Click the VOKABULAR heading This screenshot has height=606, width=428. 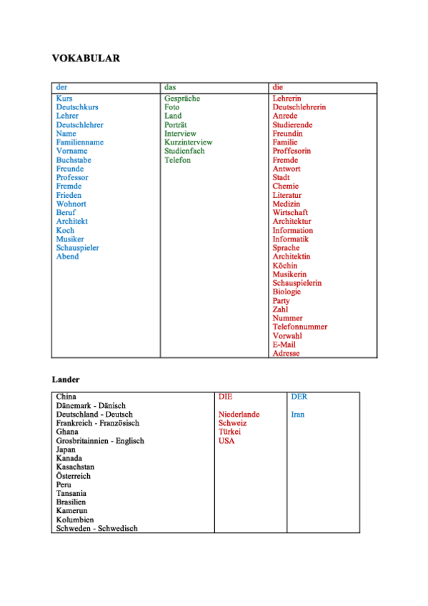(x=86, y=58)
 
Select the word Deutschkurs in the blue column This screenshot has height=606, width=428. (x=77, y=107)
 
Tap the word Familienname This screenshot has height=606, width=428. (x=80, y=142)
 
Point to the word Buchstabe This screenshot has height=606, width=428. (x=74, y=160)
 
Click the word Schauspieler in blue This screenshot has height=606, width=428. (x=77, y=248)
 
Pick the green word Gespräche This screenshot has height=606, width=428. (x=182, y=99)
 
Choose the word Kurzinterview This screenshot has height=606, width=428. (x=188, y=142)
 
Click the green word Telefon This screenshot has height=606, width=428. (x=177, y=160)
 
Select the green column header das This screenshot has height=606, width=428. (x=170, y=87)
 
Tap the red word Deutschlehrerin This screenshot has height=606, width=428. (x=299, y=107)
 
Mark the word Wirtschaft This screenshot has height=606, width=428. (x=290, y=213)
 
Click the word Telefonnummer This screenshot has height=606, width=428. (x=300, y=327)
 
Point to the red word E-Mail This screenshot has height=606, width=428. (x=284, y=344)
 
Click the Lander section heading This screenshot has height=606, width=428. (x=66, y=379)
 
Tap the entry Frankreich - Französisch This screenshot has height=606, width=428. (x=98, y=423)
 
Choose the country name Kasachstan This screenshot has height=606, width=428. (x=75, y=467)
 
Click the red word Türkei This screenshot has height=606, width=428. (x=229, y=432)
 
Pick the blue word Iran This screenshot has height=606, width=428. (x=298, y=414)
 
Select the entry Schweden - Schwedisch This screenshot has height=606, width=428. (x=97, y=529)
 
